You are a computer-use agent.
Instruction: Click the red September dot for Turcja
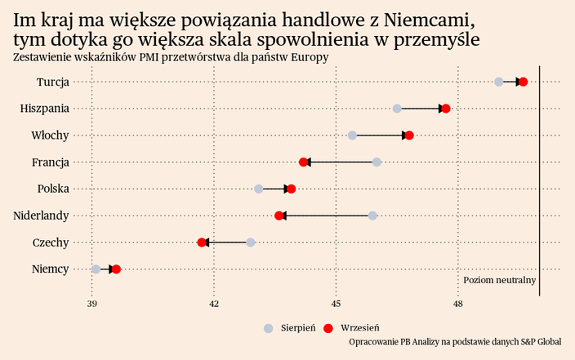[x=524, y=82]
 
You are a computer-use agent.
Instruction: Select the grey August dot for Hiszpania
[x=397, y=109]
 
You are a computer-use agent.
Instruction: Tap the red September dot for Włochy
[x=409, y=136]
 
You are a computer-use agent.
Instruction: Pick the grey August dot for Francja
[x=377, y=162]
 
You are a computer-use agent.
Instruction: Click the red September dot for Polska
[x=292, y=189]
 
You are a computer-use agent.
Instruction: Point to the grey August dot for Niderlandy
[x=372, y=216]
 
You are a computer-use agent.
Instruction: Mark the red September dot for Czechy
[x=202, y=242]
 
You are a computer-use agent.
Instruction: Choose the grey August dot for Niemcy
[x=96, y=269]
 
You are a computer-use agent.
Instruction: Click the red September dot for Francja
[x=304, y=162]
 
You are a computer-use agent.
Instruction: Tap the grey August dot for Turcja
[x=499, y=82]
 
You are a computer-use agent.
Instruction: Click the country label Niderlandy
[x=41, y=216]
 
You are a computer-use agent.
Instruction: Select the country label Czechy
[x=51, y=242]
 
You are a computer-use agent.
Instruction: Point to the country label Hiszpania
[x=44, y=109]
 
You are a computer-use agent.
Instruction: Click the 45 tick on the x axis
[x=336, y=304]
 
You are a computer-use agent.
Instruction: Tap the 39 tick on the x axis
[x=92, y=304]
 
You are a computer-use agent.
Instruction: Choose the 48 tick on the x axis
[x=458, y=304]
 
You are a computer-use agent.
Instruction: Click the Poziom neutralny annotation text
[x=499, y=280]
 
